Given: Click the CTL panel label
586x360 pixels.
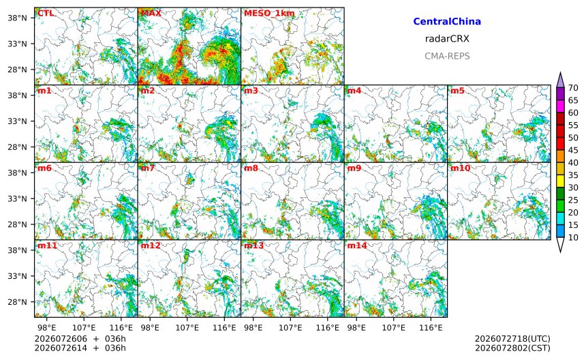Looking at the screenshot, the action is (45, 13).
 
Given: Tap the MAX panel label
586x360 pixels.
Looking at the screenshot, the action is (151, 13).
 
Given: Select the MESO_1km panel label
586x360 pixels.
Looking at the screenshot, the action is (269, 14).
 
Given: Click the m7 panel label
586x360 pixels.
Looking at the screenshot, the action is (147, 168).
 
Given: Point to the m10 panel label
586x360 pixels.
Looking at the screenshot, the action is (460, 168).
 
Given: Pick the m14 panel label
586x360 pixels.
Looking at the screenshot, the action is (357, 245).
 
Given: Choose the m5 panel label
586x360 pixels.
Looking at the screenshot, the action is (457, 91).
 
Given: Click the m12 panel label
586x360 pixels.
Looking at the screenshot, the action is (150, 245).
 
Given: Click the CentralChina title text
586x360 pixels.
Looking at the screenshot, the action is (447, 21).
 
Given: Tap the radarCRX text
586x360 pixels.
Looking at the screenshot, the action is (447, 39).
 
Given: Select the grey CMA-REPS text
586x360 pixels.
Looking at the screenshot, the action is (447, 56).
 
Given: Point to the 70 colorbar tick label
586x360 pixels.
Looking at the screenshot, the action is (573, 88).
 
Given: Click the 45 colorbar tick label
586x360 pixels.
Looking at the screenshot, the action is (573, 150).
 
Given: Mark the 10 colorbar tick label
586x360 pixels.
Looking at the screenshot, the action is (573, 237).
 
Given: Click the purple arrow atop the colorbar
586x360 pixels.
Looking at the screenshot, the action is (560, 80).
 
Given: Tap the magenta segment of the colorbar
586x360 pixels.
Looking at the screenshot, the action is (560, 106).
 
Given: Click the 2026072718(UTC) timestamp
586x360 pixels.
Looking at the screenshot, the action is (512, 339).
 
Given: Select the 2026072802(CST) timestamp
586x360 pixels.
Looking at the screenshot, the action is (512, 348).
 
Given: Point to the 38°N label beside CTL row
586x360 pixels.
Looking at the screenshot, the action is (17, 18).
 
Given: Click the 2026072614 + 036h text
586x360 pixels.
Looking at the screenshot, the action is (80, 348).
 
